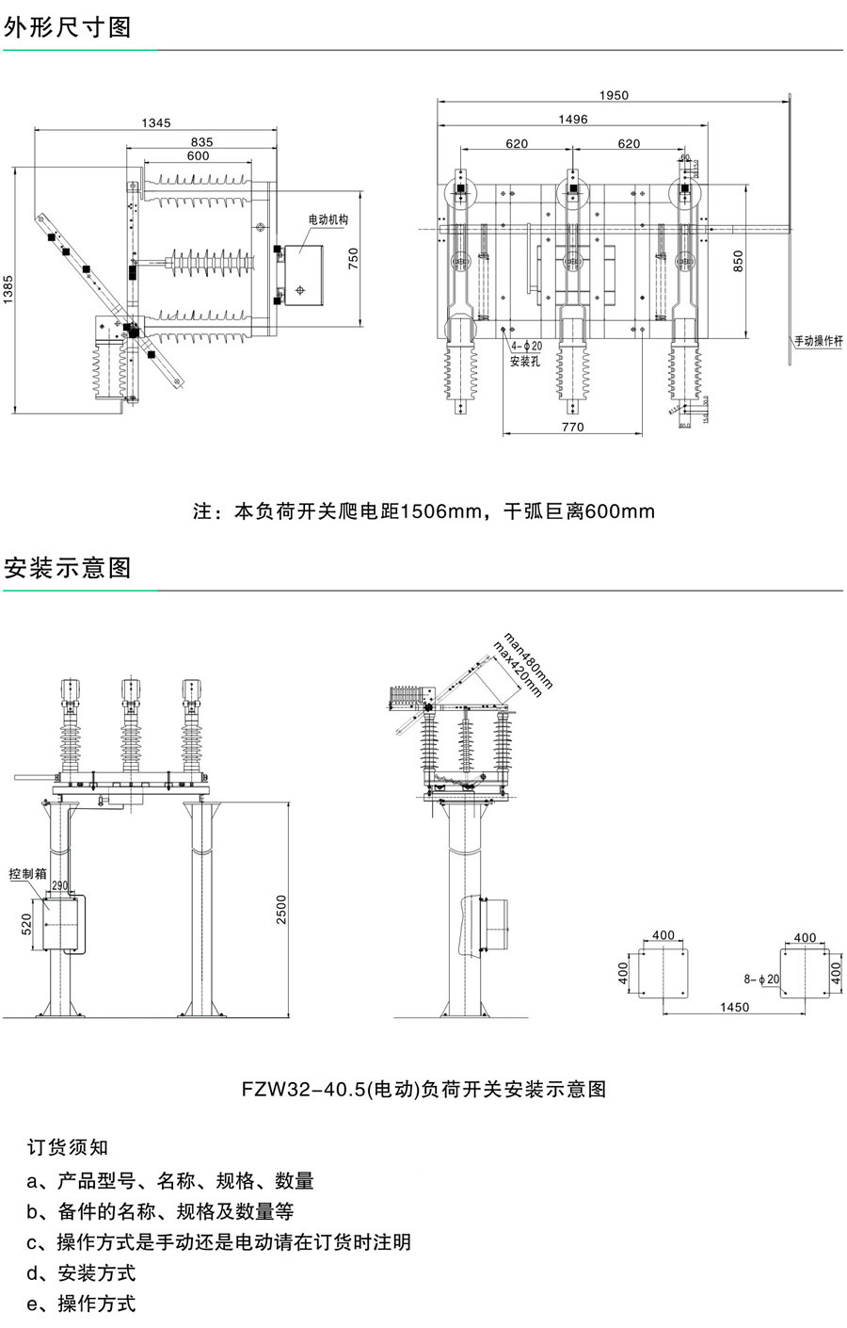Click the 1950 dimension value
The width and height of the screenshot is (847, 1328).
614,95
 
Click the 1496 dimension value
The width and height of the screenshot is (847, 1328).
572,120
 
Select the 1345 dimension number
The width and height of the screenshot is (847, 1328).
156,122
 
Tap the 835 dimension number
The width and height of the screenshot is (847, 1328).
201,142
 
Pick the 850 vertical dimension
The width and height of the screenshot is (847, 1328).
739,260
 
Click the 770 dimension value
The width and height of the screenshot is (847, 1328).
572,427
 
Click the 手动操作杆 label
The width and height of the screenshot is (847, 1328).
819,341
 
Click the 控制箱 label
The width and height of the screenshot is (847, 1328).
27,873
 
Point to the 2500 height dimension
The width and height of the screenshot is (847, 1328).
280,909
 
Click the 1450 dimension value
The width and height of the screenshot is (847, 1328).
734,1008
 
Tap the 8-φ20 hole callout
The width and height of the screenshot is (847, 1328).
761,980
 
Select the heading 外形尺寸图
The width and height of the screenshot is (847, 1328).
68,27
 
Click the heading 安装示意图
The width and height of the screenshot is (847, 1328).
68,568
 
